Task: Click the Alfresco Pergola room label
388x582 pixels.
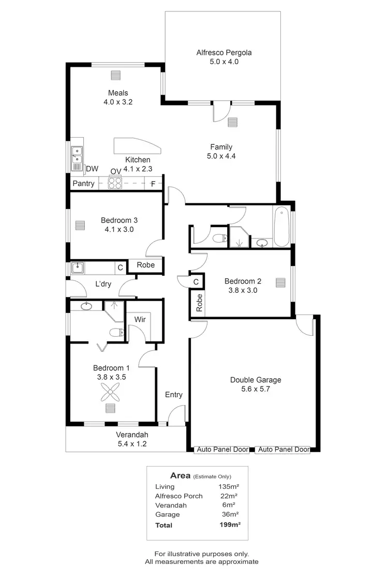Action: pyautogui.click(x=224, y=52)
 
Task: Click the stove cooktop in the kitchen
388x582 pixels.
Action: pyautogui.click(x=115, y=183)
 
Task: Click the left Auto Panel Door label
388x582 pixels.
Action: pyautogui.click(x=222, y=450)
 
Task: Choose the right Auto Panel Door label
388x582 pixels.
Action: pyautogui.click(x=283, y=450)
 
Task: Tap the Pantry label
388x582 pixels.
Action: pyautogui.click(x=83, y=184)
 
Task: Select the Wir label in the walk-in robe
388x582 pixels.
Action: pyautogui.click(x=140, y=319)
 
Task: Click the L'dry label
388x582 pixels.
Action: pyautogui.click(x=103, y=284)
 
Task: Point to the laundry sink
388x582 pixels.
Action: pyautogui.click(x=77, y=267)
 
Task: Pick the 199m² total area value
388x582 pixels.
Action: pyautogui.click(x=230, y=525)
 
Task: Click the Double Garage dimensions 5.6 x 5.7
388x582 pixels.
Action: pyautogui.click(x=256, y=389)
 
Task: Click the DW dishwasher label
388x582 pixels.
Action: pyautogui.click(x=92, y=169)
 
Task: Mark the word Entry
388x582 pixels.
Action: pyautogui.click(x=174, y=395)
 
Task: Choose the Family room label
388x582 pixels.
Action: pyautogui.click(x=221, y=147)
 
